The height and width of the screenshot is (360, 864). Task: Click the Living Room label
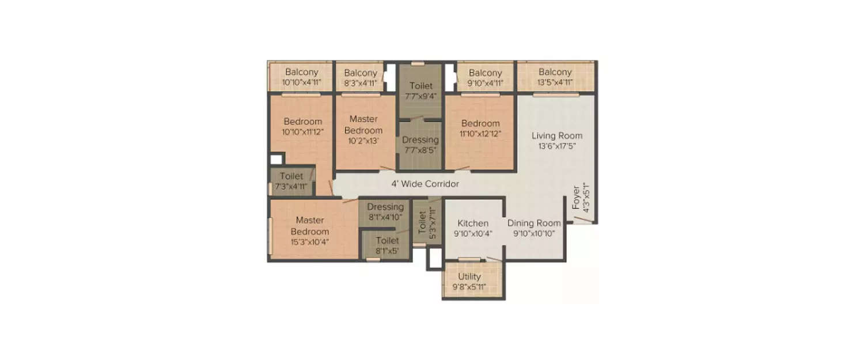click(556, 136)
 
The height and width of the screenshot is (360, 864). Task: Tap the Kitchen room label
click(473, 223)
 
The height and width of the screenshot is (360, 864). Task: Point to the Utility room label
click(469, 276)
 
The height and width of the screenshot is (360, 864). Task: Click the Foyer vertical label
click(576, 198)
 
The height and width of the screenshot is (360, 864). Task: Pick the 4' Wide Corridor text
click(425, 184)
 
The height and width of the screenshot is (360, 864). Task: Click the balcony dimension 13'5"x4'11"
click(555, 82)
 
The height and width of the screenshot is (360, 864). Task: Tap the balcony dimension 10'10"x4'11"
click(301, 82)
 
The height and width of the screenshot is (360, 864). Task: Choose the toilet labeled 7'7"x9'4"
click(420, 90)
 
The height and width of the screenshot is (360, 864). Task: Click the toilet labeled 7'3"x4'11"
click(291, 181)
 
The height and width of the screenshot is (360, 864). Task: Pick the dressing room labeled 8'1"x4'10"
click(385, 212)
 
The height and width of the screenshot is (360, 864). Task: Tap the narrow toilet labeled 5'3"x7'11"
click(427, 221)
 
